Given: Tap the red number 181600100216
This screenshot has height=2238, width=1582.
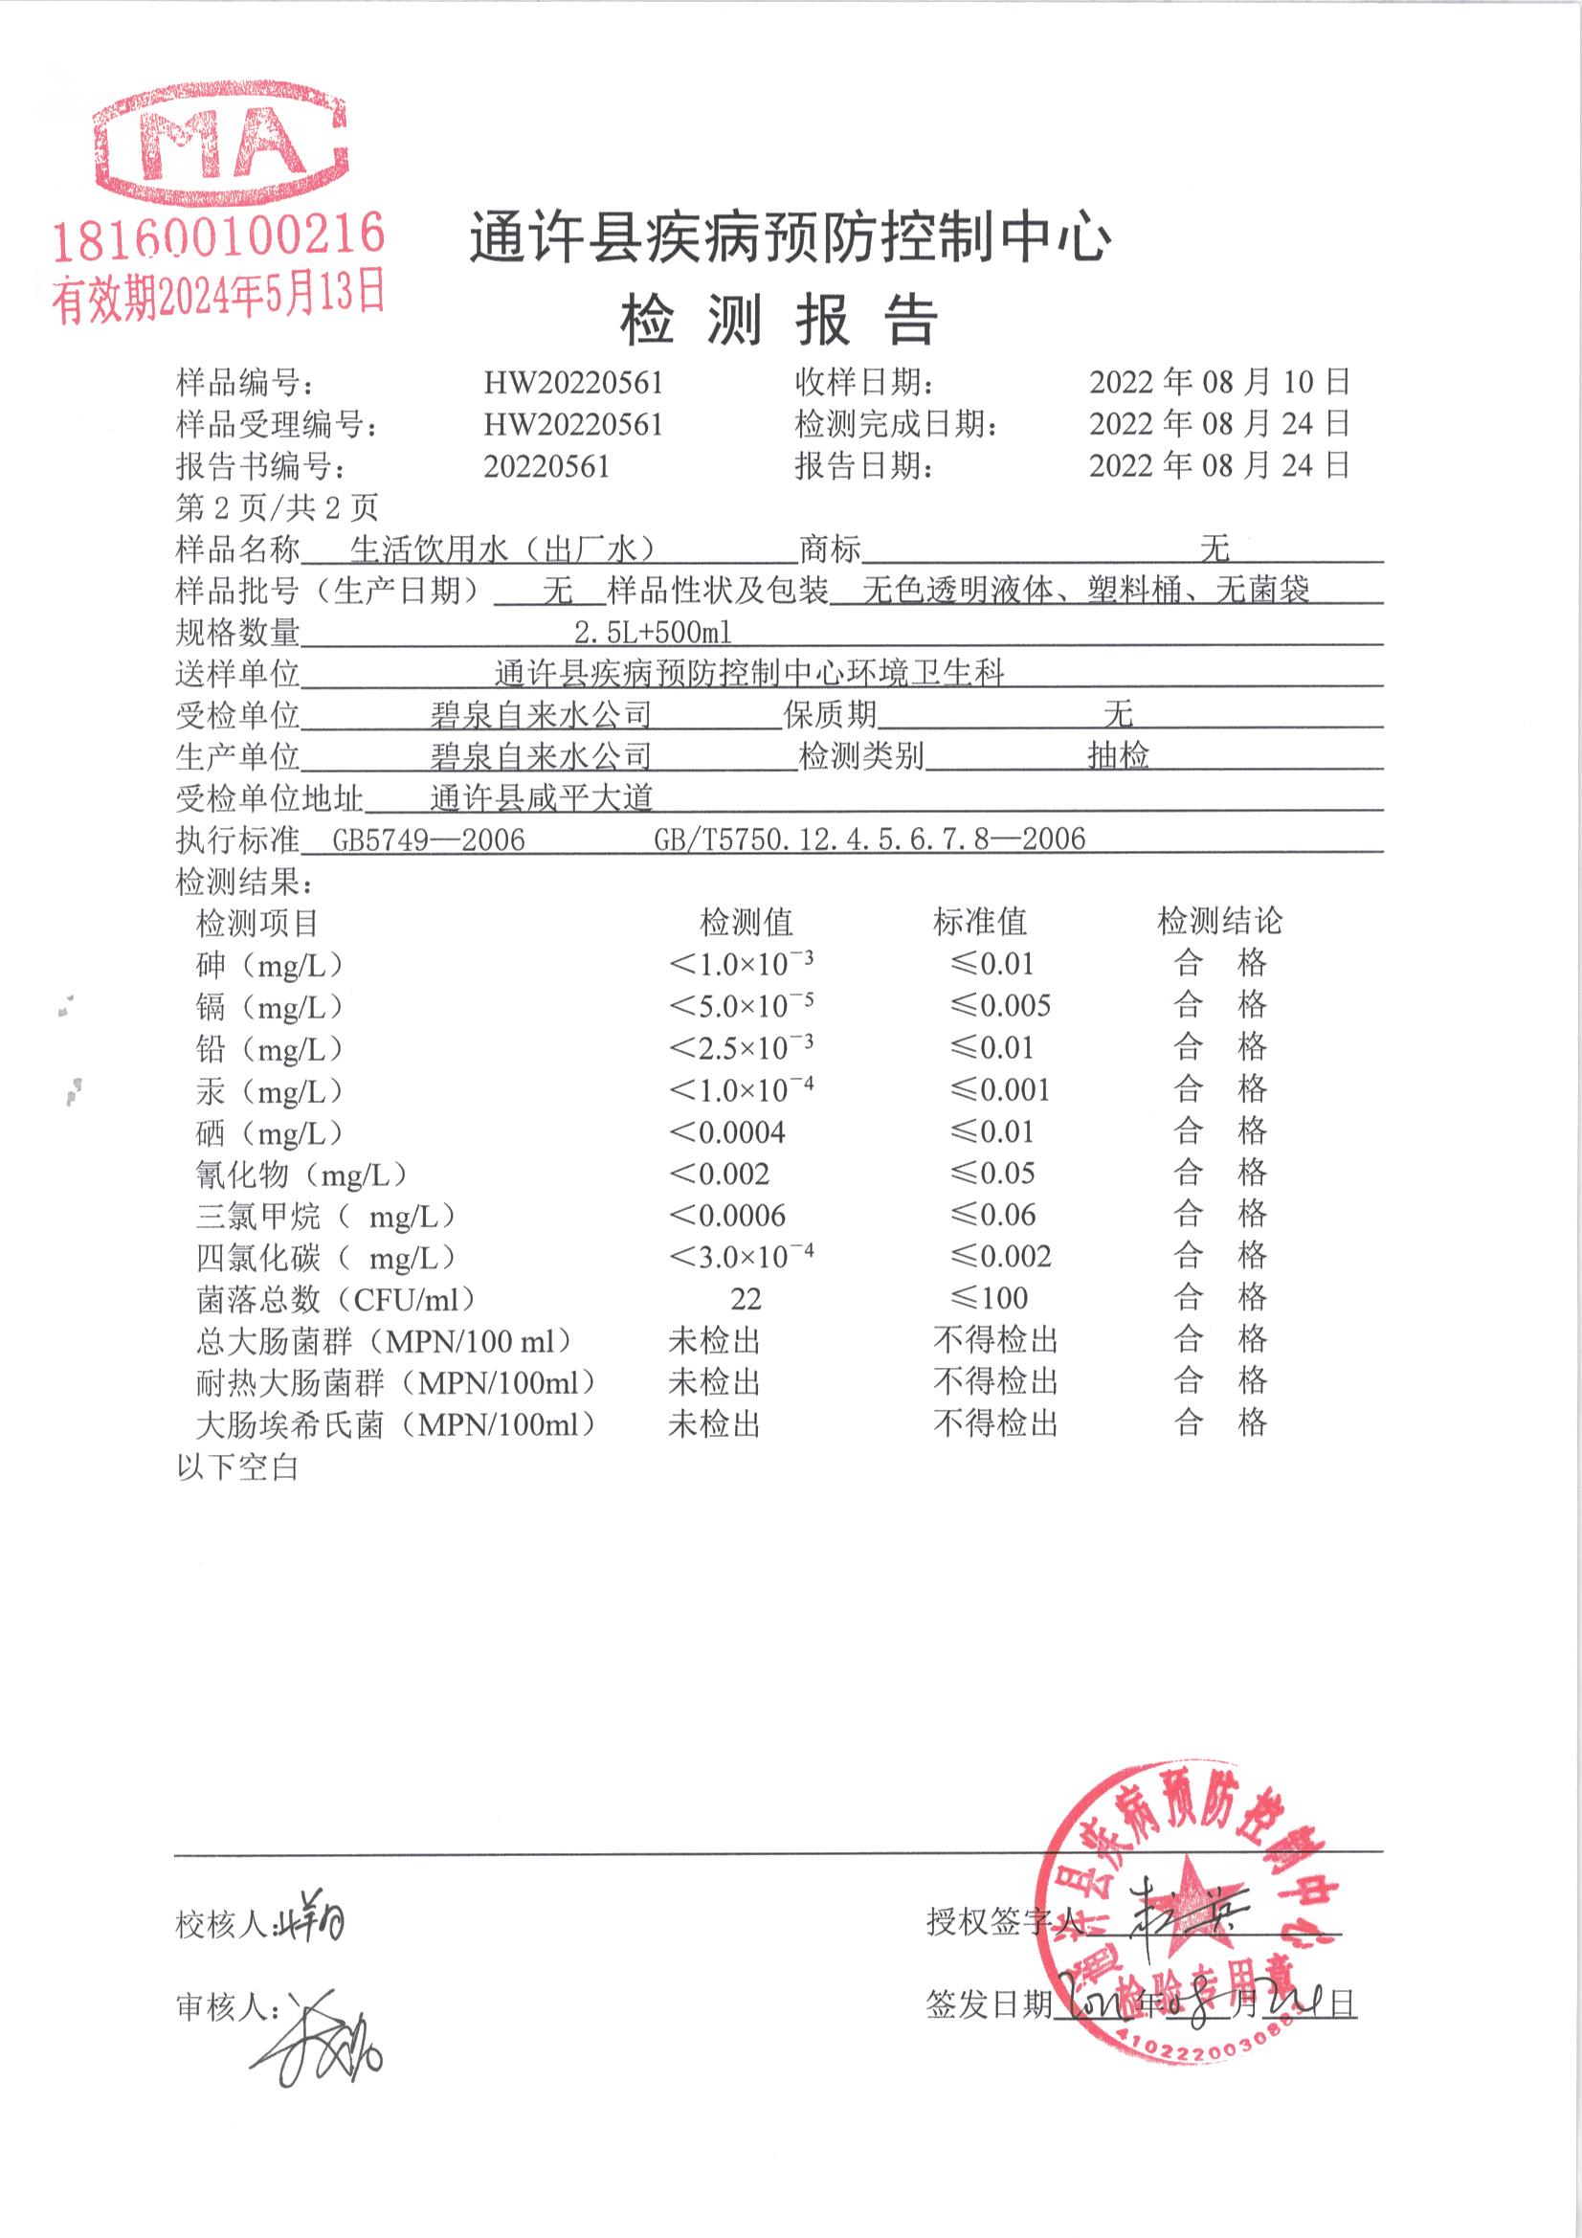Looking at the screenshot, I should [218, 236].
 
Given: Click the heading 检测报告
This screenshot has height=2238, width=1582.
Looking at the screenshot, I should [779, 320].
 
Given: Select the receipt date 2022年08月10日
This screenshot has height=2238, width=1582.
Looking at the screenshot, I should [1219, 382].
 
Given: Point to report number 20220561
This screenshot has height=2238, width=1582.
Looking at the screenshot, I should [546, 466].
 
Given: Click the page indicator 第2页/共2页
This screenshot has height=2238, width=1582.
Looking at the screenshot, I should [277, 507].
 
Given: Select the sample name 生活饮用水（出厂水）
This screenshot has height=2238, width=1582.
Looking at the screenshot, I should [502, 549].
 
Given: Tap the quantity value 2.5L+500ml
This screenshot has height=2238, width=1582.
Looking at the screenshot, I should [652, 633].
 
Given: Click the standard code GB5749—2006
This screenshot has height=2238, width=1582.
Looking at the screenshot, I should [429, 839].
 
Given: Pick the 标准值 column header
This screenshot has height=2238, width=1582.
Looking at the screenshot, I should [980, 921].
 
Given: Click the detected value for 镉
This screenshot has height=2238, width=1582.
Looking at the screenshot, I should [741, 1005].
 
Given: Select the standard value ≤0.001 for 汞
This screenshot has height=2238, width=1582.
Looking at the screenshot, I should [1001, 1089].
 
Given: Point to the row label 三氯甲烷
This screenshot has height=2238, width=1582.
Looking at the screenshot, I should [258, 1216].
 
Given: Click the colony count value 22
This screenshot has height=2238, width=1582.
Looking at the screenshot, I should [746, 1299].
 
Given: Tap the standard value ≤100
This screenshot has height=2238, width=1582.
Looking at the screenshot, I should [990, 1298].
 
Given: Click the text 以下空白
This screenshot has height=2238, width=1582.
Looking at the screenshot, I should [236, 1466].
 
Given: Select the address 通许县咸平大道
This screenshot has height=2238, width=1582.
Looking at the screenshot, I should [541, 798].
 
